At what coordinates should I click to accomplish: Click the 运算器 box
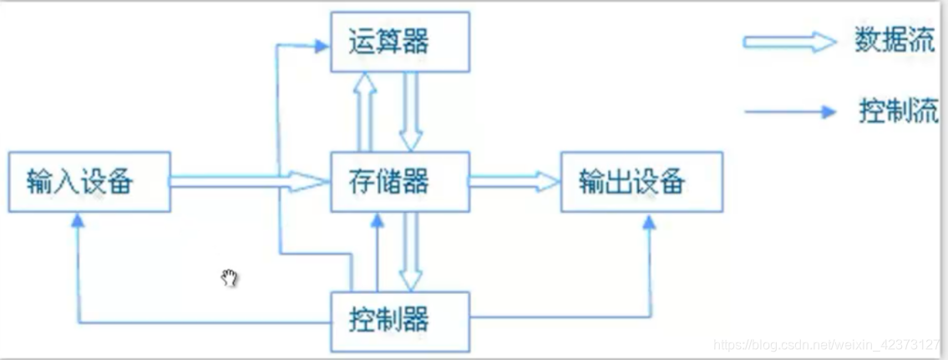[x=399, y=41]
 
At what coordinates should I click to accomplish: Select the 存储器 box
[x=399, y=180]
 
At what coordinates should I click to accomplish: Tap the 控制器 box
[x=399, y=320]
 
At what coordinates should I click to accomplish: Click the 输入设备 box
[x=89, y=180]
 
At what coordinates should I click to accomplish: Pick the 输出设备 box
[x=641, y=180]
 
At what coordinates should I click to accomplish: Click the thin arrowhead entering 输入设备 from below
[x=77, y=219]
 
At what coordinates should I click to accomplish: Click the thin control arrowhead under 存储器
[x=378, y=219]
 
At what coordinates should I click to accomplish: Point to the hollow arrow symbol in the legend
[x=789, y=43]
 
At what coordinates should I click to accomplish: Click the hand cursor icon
[x=230, y=278]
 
